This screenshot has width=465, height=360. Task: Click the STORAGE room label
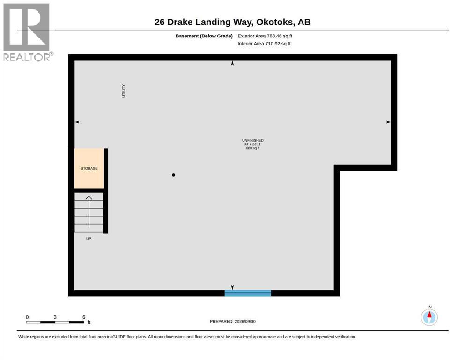[x=89, y=168]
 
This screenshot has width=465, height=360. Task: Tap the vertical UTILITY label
[x=123, y=91]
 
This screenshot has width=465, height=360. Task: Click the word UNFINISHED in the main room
[x=253, y=140]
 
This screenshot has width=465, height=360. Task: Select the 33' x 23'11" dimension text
[x=253, y=144]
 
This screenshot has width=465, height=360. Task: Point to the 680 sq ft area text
[x=253, y=148]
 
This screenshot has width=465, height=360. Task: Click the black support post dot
[x=173, y=175]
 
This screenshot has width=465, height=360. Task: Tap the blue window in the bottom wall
[x=248, y=293]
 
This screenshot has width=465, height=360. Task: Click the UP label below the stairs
[x=89, y=239]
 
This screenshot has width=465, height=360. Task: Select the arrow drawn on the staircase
[x=89, y=212]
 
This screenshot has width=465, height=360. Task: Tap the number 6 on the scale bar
[x=84, y=317]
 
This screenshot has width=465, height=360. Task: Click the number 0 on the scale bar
[x=27, y=317]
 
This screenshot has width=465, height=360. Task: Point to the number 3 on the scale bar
[x=55, y=317]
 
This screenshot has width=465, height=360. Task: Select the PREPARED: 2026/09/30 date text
[x=232, y=321]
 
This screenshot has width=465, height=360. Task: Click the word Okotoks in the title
[x=275, y=22]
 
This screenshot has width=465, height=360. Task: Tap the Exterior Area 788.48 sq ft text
[x=265, y=36]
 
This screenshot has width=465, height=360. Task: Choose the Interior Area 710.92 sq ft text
[x=264, y=44]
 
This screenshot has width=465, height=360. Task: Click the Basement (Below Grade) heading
[x=204, y=36]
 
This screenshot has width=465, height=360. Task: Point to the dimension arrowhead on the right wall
[x=388, y=122]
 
